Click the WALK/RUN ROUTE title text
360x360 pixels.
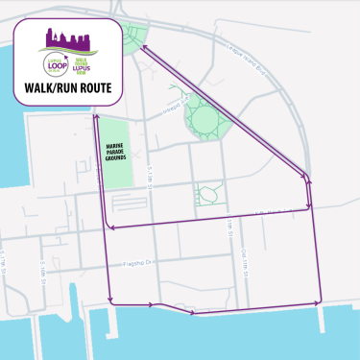[67, 88]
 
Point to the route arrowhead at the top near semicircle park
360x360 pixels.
[144, 45]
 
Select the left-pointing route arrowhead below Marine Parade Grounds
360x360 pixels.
[113, 228]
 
